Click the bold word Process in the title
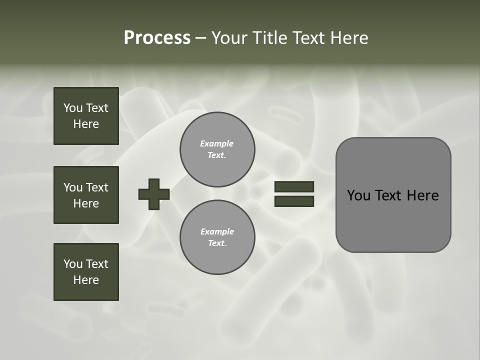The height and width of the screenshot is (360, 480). coord(157,38)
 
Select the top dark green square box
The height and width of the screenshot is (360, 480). coord(86,116)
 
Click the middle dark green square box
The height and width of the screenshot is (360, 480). coord(86,195)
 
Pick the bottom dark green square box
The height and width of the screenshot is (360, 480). coord(86,272)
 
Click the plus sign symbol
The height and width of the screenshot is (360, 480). coord(154,194)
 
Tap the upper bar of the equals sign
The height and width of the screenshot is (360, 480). coord(294,186)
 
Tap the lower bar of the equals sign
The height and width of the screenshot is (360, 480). coord(294,201)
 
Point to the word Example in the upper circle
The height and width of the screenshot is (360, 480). coord(216,143)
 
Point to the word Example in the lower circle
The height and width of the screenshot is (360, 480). coord(217,231)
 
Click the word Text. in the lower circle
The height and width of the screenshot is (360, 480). coord(217,243)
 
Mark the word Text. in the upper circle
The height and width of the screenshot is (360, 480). coord(217,155)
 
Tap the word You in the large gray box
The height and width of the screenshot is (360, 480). coord(358,195)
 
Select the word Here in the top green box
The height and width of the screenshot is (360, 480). coord(86,124)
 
